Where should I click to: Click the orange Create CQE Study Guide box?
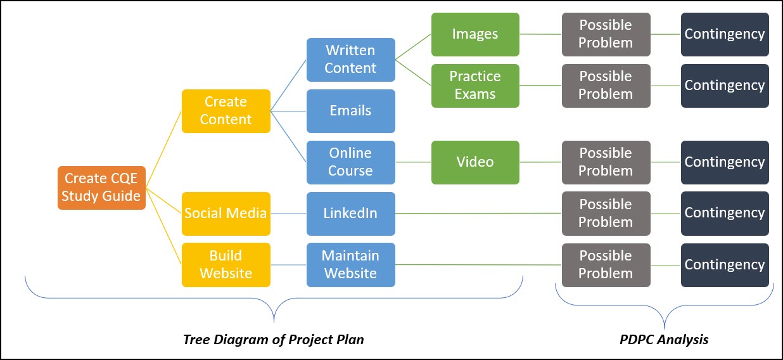102,188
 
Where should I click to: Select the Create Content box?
226,111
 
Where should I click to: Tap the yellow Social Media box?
226,214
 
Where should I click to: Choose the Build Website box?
226,265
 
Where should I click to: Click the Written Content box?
350,60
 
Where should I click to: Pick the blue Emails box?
350,111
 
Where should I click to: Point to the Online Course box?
350,162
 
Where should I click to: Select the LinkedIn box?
350,214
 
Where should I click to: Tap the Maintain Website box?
350,265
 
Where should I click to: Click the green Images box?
475,34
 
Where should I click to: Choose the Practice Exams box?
475,86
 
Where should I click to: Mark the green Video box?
475,162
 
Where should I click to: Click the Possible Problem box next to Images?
606,34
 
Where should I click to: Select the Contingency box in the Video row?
725,162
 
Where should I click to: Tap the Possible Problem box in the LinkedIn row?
606,214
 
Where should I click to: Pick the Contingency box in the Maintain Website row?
725,265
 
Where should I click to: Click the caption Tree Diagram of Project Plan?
274,339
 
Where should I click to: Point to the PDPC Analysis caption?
664,339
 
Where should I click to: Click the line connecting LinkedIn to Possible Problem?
478,214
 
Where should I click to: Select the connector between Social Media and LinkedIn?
288,214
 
